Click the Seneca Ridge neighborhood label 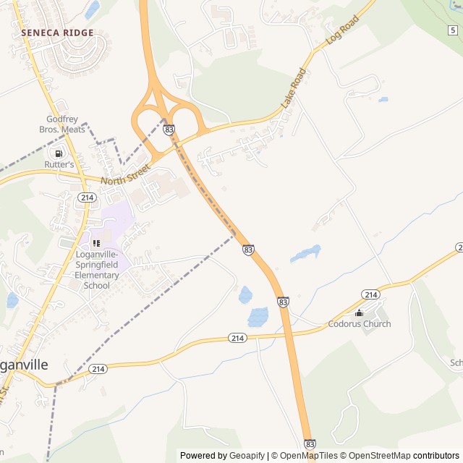57,33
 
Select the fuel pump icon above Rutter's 57,153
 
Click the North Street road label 125,174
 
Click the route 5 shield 453,30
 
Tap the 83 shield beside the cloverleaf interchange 169,129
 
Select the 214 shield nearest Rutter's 88,197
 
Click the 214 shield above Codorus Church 371,294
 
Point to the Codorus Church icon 360,313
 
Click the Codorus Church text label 360,324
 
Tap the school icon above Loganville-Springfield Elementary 95,243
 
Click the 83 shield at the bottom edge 310,443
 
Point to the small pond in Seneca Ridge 92,9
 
